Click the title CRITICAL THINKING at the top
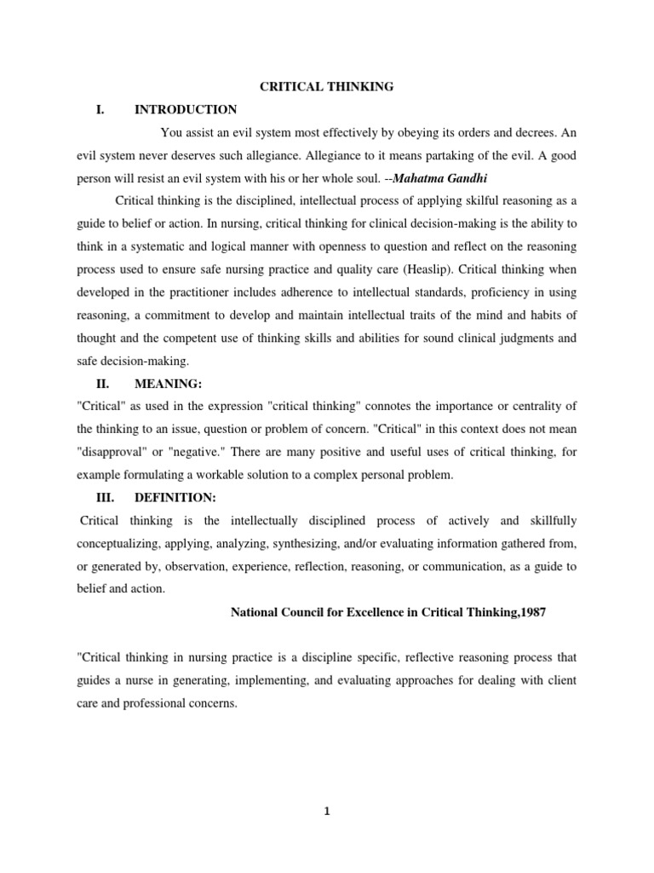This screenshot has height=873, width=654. [x=326, y=86]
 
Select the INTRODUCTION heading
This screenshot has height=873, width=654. [x=186, y=109]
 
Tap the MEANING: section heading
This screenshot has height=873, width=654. [x=168, y=384]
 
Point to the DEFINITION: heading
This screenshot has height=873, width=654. [x=176, y=498]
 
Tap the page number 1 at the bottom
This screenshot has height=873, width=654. [x=326, y=812]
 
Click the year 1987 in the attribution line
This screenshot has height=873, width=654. [x=525, y=611]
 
